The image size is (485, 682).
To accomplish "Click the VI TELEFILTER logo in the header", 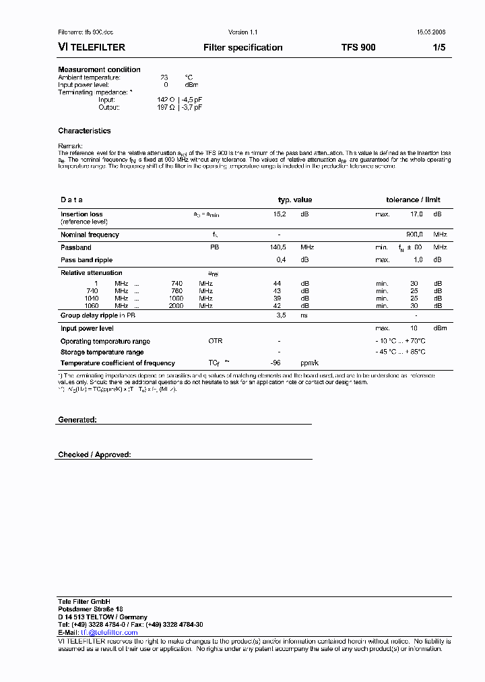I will pyautogui.click(x=92, y=48).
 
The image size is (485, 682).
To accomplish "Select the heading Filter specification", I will pyautogui.click(x=243, y=48).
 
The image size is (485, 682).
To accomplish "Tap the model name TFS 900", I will pyautogui.click(x=358, y=48).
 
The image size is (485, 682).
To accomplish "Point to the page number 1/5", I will pyautogui.click(x=439, y=48).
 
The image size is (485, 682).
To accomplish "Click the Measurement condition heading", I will pyautogui.click(x=99, y=69).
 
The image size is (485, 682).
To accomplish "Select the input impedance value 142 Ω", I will pyautogui.click(x=166, y=100).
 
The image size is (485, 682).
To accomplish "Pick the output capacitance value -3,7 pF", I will pyautogui.click(x=189, y=107).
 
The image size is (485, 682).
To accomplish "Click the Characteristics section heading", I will pyautogui.click(x=84, y=131).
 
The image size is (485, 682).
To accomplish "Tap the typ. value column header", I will pyautogui.click(x=295, y=200).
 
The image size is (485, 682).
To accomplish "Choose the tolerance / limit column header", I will pyautogui.click(x=413, y=200).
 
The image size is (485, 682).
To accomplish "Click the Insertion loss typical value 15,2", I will pyautogui.click(x=279, y=214).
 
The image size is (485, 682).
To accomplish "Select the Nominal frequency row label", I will pyautogui.click(x=90, y=235).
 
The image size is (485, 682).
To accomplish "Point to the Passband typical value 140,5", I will pyautogui.click(x=278, y=247).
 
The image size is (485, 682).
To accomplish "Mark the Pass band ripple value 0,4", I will pyautogui.click(x=282, y=260).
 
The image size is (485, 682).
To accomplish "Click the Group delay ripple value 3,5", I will pyautogui.click(x=282, y=315).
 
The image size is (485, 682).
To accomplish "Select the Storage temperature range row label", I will pyautogui.click(x=102, y=352).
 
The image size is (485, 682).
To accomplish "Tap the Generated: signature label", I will pyautogui.click(x=77, y=420).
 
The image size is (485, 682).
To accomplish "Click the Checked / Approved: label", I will pyautogui.click(x=94, y=455).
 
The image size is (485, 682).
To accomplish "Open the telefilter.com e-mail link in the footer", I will pyautogui.click(x=100, y=633).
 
